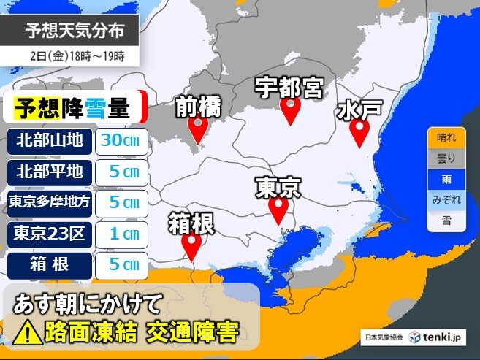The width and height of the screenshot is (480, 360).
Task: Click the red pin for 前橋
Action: (x=197, y=128)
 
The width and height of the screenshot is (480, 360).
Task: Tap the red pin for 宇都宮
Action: (x=291, y=110)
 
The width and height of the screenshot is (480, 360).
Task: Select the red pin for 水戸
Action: (x=359, y=132)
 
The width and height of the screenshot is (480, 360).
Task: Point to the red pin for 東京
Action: (x=278, y=210)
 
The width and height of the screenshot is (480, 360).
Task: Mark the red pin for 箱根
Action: (x=192, y=245)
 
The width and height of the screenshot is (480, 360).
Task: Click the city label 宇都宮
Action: (x=289, y=87)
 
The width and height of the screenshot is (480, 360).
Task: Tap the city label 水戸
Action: (x=359, y=110)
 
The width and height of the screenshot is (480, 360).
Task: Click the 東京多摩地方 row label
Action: (x=50, y=203)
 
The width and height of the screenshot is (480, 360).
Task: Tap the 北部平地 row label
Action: (x=50, y=172)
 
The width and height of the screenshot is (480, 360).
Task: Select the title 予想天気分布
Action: (x=80, y=30)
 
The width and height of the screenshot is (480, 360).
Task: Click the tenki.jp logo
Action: (x=437, y=337)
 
